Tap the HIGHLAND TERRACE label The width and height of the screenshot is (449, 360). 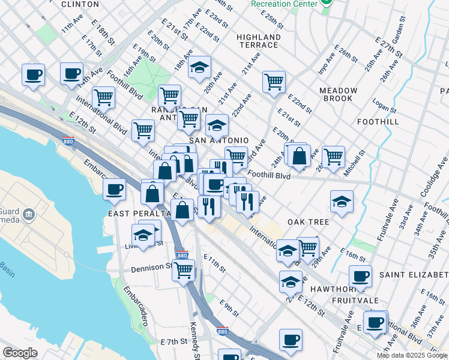pos(259,41)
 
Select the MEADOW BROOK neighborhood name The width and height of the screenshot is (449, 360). pos(338,94)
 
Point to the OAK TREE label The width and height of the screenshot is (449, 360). pos(308,222)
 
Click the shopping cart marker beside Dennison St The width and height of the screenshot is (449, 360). pos(183,269)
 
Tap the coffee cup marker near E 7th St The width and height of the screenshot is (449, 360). pos(291,340)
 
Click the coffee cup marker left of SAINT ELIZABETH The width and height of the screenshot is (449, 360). pos(360,276)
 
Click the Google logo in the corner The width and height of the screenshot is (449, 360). pos(20,353)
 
